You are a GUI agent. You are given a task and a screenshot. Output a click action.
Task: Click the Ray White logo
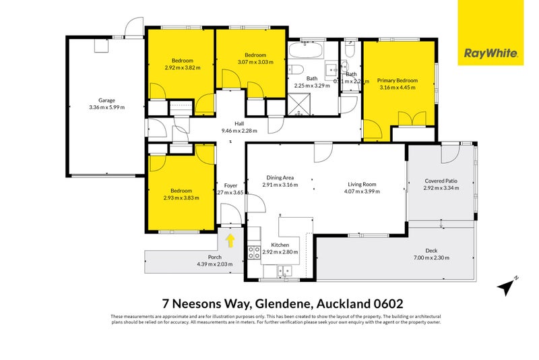490,32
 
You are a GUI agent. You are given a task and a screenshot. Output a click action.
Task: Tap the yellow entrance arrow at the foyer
230,239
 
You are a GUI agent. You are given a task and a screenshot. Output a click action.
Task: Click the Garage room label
106,100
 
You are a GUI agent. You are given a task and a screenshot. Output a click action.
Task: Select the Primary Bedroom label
398,81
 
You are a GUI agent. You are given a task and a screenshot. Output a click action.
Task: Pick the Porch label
214,257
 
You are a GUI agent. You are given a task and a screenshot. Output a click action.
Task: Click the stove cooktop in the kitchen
255,253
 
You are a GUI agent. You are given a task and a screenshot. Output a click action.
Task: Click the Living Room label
361,184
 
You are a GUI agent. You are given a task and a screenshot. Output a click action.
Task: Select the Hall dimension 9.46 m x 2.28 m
239,131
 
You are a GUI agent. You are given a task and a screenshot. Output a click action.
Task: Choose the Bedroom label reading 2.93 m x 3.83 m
181,198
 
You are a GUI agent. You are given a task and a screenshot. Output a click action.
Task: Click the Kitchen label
280,245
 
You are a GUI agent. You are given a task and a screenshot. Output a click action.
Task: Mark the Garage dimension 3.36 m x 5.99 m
106,107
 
